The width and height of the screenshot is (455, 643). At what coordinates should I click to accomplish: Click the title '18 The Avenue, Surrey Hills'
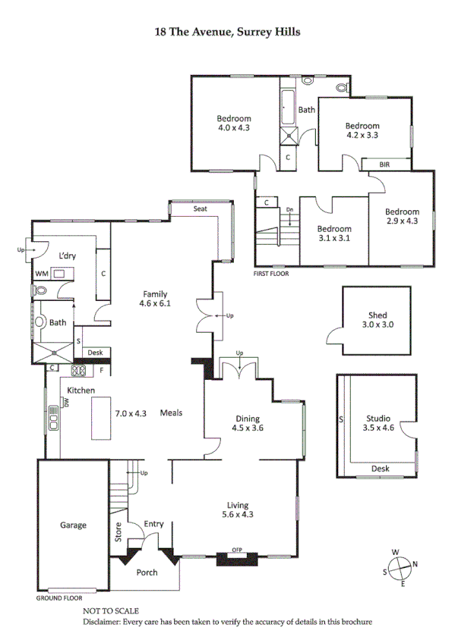pyautogui.click(x=227, y=32)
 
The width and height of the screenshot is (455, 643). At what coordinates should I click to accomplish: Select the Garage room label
pyautogui.click(x=74, y=525)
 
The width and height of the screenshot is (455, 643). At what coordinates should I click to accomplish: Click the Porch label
pyautogui.click(x=147, y=572)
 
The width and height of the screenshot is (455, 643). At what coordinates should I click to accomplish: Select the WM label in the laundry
pyautogui.click(x=41, y=274)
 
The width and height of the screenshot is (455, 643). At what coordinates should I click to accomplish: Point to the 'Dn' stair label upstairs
pyautogui.click(x=289, y=210)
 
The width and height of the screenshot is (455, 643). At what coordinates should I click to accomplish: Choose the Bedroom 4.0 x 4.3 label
pyautogui.click(x=234, y=123)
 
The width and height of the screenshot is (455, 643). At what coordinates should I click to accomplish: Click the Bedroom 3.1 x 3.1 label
pyautogui.click(x=333, y=234)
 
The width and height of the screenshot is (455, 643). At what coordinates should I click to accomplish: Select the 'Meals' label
pyautogui.click(x=171, y=413)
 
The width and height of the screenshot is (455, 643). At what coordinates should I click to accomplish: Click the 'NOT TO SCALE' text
pyautogui.click(x=111, y=610)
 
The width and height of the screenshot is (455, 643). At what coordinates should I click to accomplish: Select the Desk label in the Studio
pyautogui.click(x=380, y=469)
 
